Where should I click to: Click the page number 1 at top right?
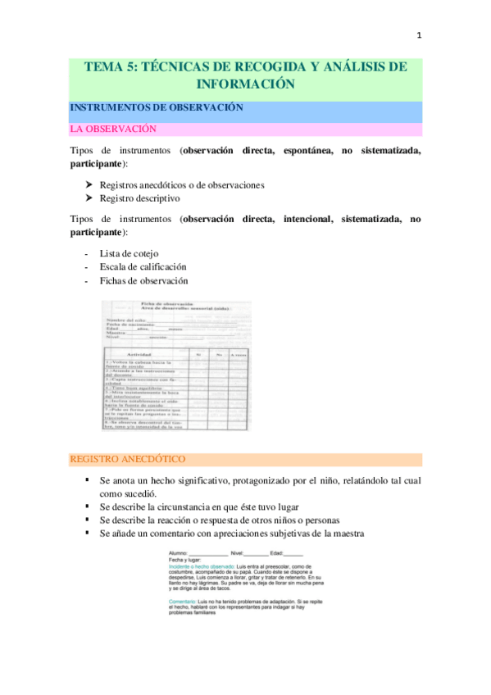coord(419,35)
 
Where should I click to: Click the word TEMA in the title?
coord(105,68)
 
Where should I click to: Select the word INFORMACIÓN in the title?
coord(245,84)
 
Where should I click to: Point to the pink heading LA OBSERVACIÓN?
coord(112,129)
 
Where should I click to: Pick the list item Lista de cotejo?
coord(129,253)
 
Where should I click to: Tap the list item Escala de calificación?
coord(143,267)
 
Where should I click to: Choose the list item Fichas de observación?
coord(143,281)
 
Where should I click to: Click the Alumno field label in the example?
coord(178,553)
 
